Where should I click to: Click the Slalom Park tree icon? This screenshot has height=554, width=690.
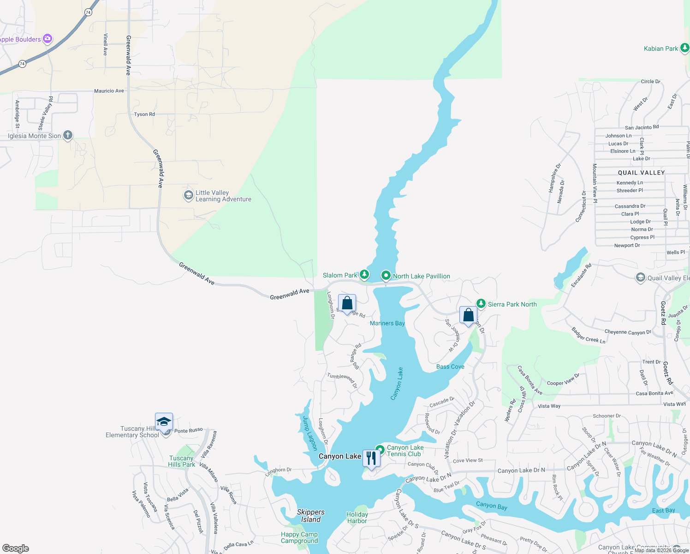364,275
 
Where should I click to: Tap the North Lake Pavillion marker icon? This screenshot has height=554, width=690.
386,276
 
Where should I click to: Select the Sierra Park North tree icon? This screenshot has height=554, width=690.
481,304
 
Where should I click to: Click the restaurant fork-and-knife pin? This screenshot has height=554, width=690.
371,458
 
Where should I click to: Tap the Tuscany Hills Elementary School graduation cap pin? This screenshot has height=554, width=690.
164,422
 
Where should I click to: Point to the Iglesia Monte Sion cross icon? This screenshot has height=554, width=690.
68,135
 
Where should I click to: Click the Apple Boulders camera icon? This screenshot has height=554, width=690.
48,39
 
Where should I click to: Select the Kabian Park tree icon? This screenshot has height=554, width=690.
684,48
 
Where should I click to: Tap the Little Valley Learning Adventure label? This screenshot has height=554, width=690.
223,196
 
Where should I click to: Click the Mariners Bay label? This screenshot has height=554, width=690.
387,323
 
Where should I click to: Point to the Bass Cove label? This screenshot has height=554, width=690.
450,367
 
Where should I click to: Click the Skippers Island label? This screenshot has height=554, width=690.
310,516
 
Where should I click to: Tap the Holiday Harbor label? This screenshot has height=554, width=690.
357,518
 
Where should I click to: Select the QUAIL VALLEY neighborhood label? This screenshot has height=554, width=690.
641,173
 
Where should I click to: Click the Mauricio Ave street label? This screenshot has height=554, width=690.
109,91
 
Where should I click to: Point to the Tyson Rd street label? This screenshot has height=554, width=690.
144,114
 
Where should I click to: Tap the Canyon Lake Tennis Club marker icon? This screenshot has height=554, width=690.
380,450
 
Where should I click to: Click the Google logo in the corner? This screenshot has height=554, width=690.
16,548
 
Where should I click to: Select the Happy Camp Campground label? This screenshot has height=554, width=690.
299,537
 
